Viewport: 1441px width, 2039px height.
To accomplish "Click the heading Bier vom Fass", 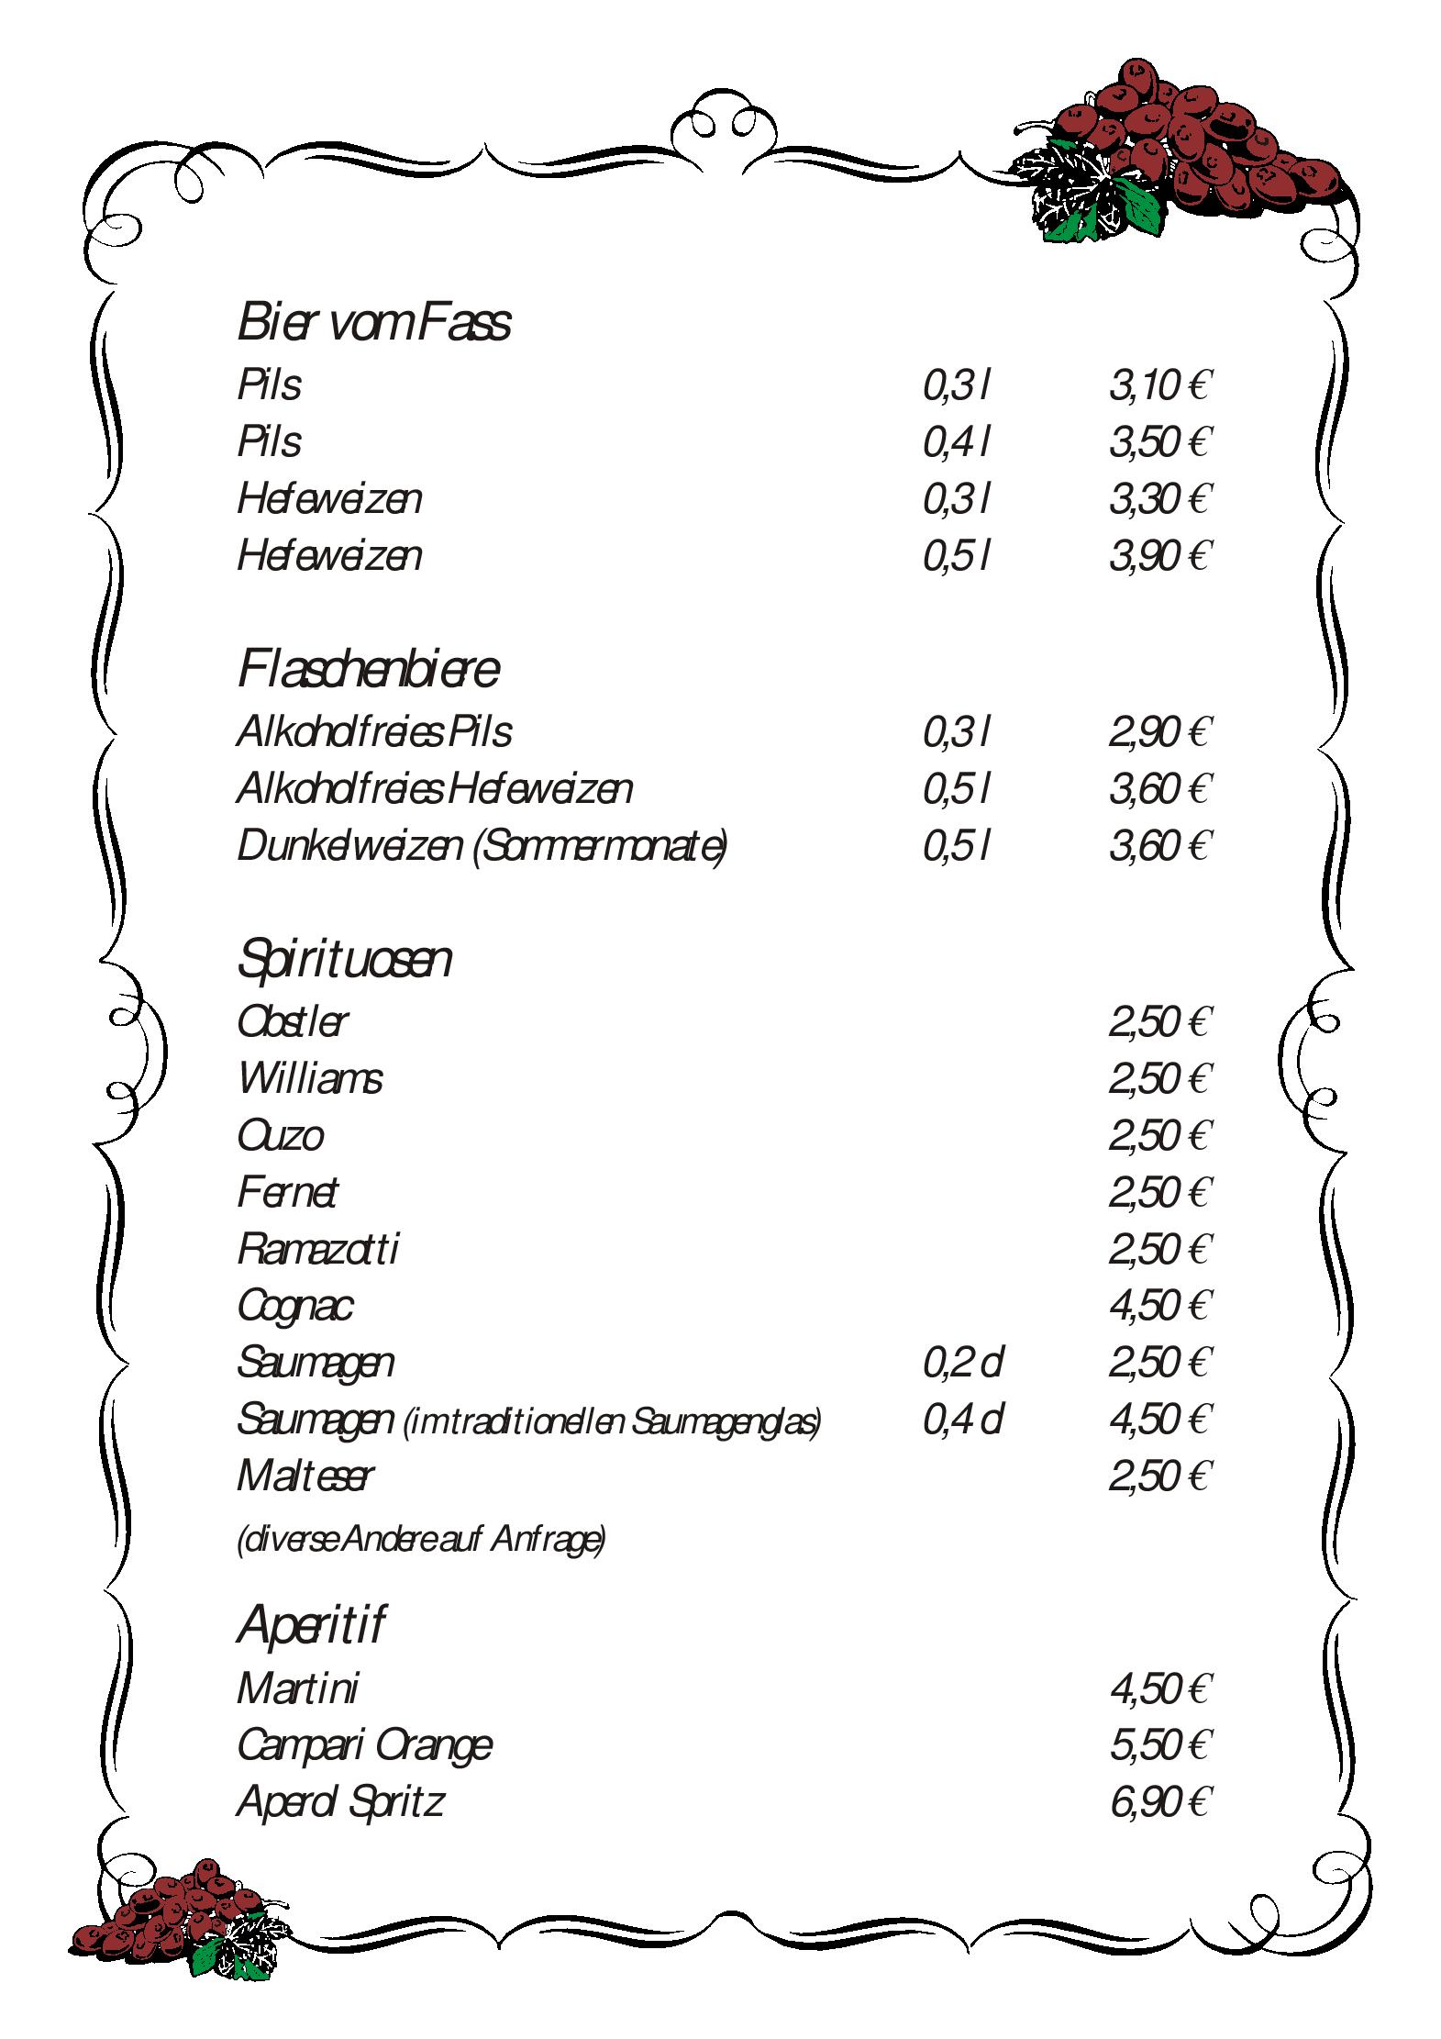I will coord(373,323).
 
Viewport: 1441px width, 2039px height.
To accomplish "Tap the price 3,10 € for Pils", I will coord(1159,386).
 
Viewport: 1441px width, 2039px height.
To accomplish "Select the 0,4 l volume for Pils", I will coord(956,443).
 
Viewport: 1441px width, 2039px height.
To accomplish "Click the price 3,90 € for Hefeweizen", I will coord(1159,556).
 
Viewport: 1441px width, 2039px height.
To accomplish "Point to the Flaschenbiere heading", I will coord(368,669).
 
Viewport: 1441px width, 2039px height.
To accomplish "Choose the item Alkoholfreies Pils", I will coord(373,732).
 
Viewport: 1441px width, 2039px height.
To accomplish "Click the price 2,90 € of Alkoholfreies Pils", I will coord(1159,732).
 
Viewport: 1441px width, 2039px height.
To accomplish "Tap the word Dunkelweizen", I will coord(349,846).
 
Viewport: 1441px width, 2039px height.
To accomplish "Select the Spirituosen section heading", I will coord(344,960).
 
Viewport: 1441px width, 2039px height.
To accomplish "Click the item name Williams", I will coord(309,1079).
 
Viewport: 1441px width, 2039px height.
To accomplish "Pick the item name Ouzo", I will coord(280,1136).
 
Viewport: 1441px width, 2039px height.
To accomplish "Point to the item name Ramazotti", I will coord(317,1250).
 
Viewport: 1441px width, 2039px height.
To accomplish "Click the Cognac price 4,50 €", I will coord(1159,1306).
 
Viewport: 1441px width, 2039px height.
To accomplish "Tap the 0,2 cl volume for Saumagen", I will coord(961,1363).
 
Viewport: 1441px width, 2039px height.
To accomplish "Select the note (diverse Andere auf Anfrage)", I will coord(421,1539).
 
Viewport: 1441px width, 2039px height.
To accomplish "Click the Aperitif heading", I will coord(310,1625).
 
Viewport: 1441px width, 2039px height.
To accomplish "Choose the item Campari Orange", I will coord(364,1745).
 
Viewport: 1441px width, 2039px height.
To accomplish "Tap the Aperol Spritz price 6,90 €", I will coord(1159,1802).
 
